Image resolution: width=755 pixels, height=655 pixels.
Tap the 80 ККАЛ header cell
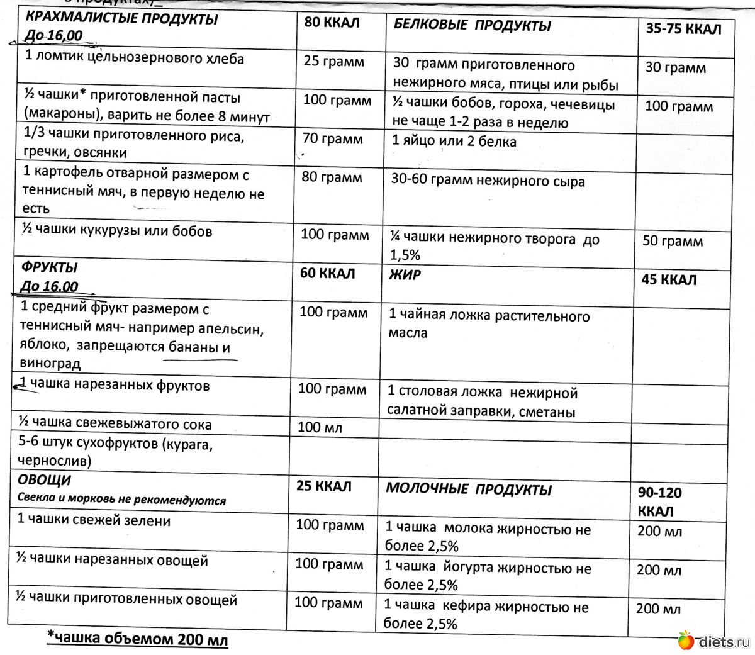(x=332, y=23)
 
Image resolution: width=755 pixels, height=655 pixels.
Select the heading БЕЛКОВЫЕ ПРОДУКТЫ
(x=472, y=26)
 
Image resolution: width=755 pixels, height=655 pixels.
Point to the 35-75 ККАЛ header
(x=683, y=29)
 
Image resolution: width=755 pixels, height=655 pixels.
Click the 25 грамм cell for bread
(x=333, y=62)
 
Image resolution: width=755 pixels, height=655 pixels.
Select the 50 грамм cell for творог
(x=673, y=242)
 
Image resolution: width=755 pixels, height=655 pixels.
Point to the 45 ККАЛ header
(x=669, y=279)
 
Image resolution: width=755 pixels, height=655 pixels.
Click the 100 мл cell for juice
(x=320, y=428)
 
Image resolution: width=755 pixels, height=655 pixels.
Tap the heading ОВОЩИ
(x=45, y=480)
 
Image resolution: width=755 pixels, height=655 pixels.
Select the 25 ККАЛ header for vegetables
(x=324, y=486)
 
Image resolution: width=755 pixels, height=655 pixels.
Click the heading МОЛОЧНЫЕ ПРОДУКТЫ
(x=469, y=490)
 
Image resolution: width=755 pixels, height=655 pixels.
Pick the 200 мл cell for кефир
(x=658, y=609)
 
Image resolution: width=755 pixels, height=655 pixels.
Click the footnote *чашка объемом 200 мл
(x=138, y=639)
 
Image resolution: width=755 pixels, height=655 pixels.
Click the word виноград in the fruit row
(x=50, y=364)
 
